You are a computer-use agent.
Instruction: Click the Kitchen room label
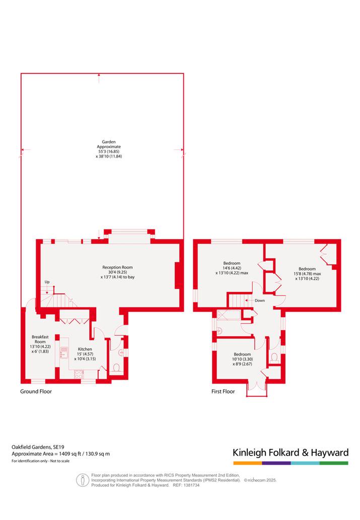85,349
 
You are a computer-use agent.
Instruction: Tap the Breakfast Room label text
40,339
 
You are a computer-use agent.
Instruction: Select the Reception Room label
117,267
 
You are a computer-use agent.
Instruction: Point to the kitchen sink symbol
64,352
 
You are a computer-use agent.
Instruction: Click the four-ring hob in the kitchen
79,375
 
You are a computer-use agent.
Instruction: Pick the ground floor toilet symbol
116,368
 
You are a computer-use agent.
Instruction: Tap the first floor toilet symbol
274,357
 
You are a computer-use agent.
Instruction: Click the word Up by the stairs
47,282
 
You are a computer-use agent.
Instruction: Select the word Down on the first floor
260,301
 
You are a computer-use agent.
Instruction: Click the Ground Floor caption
36,391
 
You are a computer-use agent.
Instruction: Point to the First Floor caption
223,391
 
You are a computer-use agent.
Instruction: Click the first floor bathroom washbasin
220,330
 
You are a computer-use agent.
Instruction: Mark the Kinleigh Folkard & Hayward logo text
291,453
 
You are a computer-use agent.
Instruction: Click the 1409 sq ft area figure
70,454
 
